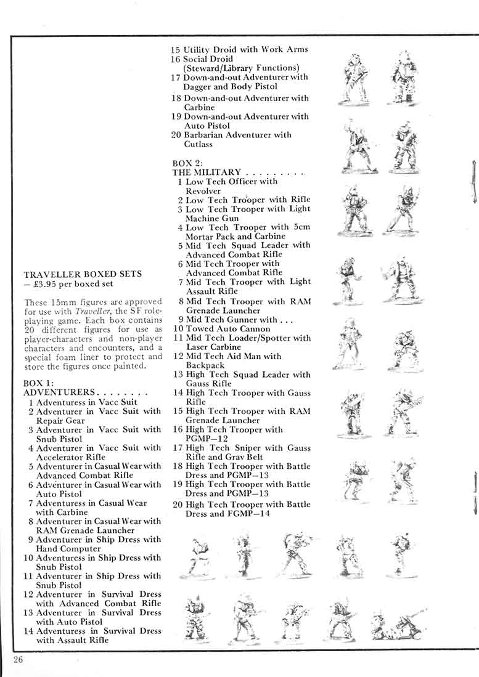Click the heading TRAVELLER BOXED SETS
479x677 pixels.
pyautogui.click(x=83, y=274)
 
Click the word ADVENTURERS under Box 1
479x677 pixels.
pyautogui.click(x=59, y=392)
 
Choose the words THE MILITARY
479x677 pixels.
pyautogui.click(x=207, y=172)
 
